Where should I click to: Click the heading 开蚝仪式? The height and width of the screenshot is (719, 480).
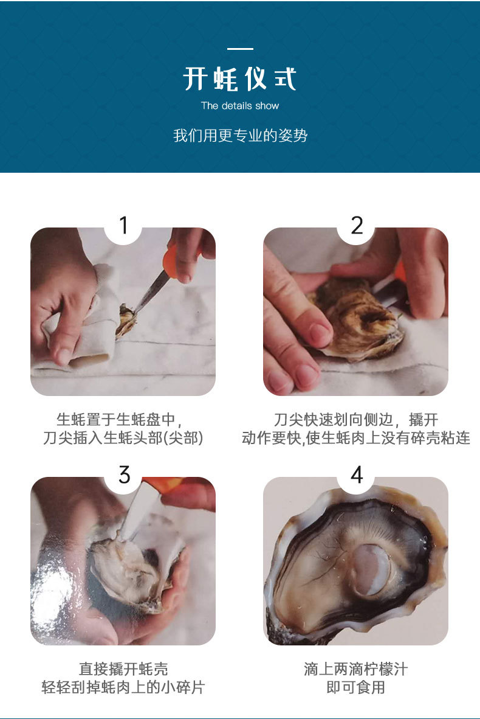pos(240,78)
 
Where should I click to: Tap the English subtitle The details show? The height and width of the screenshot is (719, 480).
pos(240,106)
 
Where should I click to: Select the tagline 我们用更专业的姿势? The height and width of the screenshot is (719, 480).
pos(240,135)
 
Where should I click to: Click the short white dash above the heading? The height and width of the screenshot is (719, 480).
pos(240,49)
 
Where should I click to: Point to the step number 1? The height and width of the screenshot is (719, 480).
pos(123,225)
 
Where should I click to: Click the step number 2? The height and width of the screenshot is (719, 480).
pos(357,225)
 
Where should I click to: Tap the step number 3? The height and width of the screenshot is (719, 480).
pos(124,474)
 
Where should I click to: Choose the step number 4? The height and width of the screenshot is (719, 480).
pos(357,474)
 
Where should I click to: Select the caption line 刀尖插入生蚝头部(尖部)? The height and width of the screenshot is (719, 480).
pos(123,437)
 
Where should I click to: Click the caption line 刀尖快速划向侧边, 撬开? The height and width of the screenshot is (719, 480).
pos(356,419)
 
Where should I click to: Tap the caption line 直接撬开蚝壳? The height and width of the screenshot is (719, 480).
pos(123,669)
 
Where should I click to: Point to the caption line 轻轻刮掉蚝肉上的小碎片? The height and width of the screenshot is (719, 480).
pos(123,687)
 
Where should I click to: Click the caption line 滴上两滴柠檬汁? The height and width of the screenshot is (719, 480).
pos(355,669)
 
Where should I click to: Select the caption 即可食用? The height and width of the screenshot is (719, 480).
pos(355,687)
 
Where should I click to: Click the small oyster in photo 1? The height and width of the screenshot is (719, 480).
pos(126,319)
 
